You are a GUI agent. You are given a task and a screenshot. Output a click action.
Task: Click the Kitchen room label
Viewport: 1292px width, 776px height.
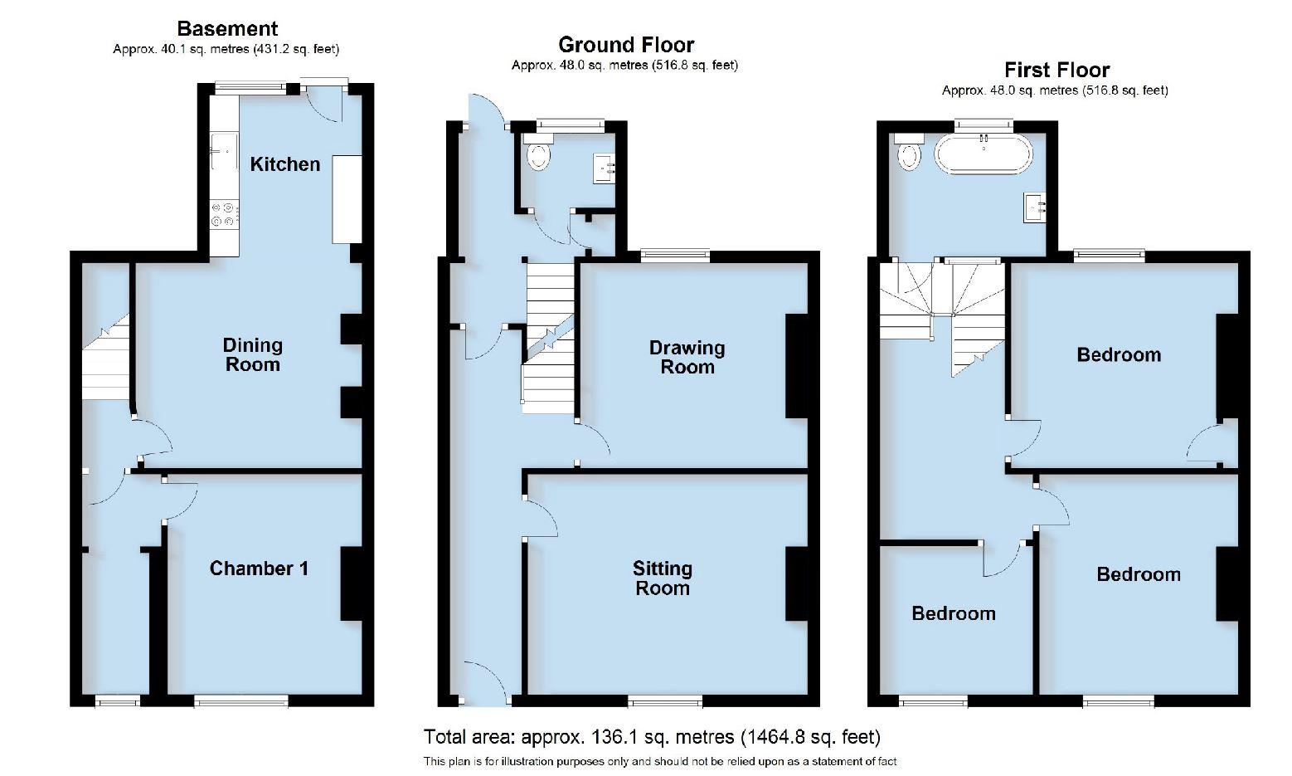point(284,164)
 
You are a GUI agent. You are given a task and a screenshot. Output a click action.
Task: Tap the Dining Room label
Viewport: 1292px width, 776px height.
point(252,354)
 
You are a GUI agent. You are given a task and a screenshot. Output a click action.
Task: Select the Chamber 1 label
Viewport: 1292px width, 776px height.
point(259,569)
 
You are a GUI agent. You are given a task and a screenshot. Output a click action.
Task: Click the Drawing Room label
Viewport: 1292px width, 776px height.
point(687,357)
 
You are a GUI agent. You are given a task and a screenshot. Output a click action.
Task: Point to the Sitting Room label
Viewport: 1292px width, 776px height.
point(662,578)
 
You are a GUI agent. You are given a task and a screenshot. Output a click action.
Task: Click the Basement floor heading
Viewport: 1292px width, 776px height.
point(226,29)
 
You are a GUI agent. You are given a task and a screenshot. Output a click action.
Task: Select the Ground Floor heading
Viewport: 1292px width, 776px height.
point(625,45)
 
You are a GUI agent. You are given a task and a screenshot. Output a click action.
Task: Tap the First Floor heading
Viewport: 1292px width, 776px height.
point(1056,70)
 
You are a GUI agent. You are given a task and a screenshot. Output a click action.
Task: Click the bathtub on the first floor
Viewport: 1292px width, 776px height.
point(984,154)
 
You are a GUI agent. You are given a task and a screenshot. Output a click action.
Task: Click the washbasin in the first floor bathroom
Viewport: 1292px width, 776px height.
point(1036,206)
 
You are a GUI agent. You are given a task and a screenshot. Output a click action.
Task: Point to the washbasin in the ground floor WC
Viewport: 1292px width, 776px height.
point(605,168)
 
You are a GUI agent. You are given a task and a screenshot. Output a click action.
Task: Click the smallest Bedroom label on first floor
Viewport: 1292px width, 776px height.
point(953,613)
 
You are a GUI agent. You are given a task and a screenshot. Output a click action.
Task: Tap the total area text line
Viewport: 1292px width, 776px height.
point(652,737)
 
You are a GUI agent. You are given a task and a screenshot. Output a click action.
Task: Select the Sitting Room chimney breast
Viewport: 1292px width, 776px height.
point(796,583)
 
